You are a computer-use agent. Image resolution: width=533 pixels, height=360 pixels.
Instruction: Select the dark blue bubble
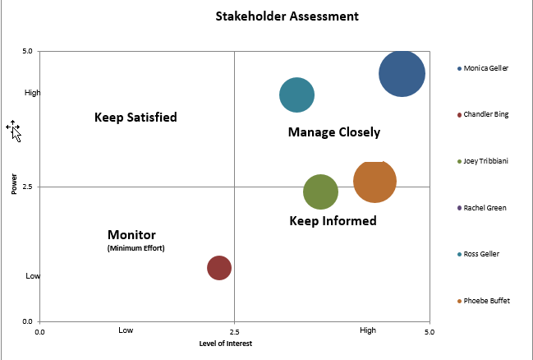(402, 74)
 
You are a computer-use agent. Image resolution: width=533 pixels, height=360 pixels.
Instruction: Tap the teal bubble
(297, 95)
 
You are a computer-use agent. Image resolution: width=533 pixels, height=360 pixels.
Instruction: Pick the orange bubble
(375, 182)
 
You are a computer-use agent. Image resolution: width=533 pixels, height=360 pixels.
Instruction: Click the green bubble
(320, 192)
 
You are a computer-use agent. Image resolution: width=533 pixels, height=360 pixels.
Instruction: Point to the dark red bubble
(218, 267)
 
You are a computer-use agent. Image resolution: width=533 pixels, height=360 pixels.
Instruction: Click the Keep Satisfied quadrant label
(136, 118)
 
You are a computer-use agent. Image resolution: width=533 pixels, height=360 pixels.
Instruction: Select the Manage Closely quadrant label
(334, 132)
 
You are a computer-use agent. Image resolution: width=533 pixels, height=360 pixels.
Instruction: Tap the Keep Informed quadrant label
(333, 221)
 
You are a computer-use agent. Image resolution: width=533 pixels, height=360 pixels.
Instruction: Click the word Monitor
(131, 234)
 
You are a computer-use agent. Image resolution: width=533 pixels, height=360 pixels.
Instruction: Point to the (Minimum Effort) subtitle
(136, 247)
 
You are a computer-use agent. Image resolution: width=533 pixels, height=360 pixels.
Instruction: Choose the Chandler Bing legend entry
(485, 114)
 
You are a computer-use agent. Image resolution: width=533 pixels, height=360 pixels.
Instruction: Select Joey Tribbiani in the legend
(485, 161)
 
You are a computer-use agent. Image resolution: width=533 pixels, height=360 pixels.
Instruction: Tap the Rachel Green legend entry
(485, 208)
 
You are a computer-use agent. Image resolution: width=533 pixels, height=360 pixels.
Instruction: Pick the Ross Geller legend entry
(481, 254)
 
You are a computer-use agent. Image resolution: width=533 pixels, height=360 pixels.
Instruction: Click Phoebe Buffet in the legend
(486, 301)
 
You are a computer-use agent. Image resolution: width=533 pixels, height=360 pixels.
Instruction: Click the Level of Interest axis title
(226, 344)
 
